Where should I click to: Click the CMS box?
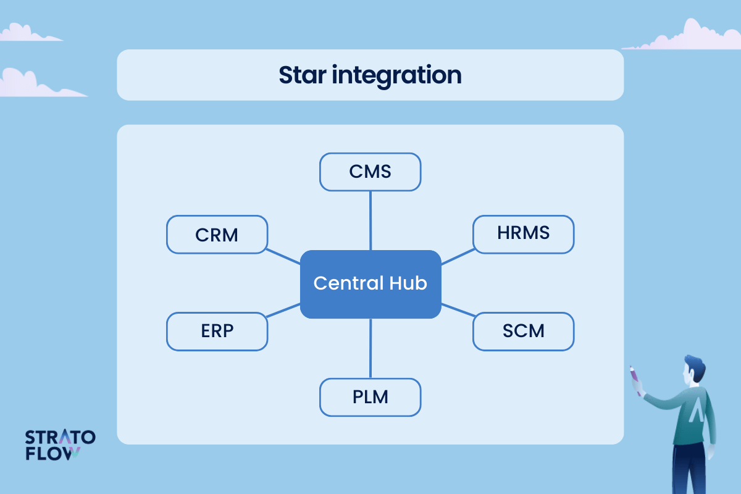point(370,172)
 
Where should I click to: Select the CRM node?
point(217,235)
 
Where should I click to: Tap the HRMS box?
point(524,235)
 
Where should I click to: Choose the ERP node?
point(217,331)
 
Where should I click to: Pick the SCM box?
point(524,331)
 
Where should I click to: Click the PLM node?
point(370,397)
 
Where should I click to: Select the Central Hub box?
point(371,284)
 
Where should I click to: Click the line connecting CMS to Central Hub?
point(371,220)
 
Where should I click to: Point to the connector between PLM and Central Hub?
point(371,348)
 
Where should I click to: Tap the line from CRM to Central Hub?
point(283,256)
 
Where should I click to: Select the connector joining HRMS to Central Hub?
point(458,257)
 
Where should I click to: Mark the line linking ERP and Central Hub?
point(283,311)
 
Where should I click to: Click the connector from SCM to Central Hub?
point(458,310)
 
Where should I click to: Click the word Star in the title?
point(303,75)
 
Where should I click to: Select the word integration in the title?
point(396,76)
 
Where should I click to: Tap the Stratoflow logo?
point(61,445)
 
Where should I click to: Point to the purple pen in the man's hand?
point(635,380)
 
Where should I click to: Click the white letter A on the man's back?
point(697,410)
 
